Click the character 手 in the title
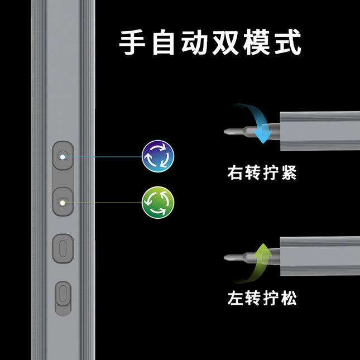pos(132,42)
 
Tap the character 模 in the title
pos(256,42)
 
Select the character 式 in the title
pos(288,42)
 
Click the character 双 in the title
pos(225,42)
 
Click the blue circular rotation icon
pos(158,156)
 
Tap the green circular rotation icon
pos(158,203)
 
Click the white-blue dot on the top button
pos(63,157)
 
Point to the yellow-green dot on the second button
pos(63,203)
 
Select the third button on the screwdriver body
pos(63,248)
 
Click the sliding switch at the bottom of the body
pos(63,299)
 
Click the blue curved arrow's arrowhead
pos(263,136)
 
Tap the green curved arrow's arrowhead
pos(263,249)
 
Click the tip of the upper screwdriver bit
pos(224,132)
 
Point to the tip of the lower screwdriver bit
pos(224,257)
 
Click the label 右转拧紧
pos(262,172)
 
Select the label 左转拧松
pos(262,298)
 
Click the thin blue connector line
pos(103,157)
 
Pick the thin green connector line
pos(103,203)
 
